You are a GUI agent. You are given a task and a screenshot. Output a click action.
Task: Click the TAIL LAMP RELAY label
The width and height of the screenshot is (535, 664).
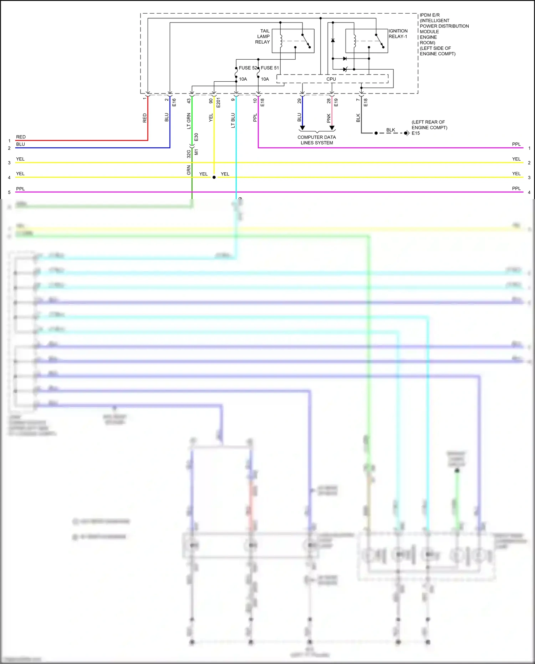263,36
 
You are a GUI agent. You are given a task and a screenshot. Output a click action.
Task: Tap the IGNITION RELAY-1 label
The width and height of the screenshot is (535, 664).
398,34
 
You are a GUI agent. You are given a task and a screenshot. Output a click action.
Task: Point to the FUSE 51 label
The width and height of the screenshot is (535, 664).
270,68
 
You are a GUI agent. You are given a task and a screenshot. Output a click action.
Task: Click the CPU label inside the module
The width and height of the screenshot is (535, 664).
331,79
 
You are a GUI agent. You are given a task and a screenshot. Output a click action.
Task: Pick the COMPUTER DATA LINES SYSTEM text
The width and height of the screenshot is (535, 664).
317,140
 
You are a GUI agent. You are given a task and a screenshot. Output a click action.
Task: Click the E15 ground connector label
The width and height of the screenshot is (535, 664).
416,133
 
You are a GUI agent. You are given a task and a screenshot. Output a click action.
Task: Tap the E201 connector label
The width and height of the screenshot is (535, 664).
218,102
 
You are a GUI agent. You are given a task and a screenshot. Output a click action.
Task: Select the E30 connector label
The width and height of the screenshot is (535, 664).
196,137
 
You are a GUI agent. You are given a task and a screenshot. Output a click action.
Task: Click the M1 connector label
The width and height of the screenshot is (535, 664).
196,152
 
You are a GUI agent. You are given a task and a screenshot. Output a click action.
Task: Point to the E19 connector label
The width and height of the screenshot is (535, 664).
336,102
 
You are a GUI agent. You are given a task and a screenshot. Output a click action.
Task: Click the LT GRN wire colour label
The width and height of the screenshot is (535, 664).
189,121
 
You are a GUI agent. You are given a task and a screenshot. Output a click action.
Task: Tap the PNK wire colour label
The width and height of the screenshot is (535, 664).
328,118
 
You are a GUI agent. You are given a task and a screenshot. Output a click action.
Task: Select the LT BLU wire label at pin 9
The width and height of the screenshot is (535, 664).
233,120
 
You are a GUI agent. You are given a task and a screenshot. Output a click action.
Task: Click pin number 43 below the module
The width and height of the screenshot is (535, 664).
189,101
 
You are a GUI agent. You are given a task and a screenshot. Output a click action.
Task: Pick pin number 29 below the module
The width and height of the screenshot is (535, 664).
299,101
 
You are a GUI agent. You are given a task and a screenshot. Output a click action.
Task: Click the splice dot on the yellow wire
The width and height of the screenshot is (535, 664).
214,177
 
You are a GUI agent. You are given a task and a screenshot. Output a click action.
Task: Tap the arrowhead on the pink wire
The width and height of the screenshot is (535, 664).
332,128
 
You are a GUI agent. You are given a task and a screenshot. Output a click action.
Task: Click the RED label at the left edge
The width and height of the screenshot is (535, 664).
21,137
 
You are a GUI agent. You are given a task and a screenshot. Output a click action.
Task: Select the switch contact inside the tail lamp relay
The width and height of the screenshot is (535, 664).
306,41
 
